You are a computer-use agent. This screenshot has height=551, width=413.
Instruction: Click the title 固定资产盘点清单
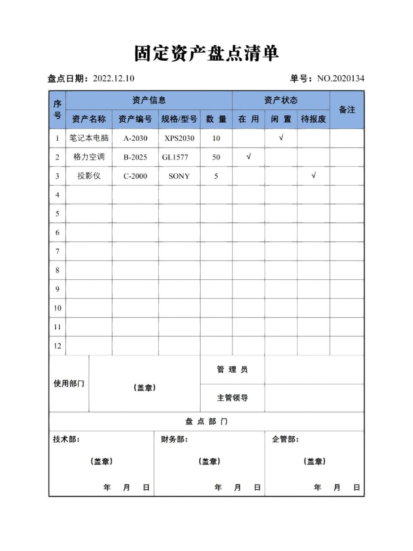206,53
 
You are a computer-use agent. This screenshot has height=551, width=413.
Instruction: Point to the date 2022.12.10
113,78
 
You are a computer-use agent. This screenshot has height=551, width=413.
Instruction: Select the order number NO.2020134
340,78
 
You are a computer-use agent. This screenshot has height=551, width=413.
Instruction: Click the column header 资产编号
135,119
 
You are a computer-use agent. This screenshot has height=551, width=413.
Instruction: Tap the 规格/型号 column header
179,119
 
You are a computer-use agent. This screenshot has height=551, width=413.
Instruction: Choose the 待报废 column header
313,119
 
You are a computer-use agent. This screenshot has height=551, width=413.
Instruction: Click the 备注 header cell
347,110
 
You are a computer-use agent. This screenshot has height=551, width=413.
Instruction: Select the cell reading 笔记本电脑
89,138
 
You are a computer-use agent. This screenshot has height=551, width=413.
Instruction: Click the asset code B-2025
135,157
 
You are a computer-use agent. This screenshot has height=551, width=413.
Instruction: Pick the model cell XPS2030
179,138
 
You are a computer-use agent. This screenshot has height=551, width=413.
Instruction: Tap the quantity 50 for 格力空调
216,157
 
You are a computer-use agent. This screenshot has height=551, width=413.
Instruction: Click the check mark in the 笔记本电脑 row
281,138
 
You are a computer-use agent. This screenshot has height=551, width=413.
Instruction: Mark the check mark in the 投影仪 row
314,175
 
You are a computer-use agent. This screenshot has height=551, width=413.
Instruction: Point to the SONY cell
179,176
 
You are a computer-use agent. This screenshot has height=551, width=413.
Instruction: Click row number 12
57,346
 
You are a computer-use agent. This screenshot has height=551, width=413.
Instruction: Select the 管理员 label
232,369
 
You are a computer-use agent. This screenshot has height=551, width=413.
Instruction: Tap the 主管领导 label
232,398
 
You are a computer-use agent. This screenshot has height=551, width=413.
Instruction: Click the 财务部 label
174,439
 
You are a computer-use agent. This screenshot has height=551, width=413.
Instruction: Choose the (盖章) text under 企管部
314,461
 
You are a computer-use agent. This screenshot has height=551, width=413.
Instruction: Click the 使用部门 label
69,383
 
